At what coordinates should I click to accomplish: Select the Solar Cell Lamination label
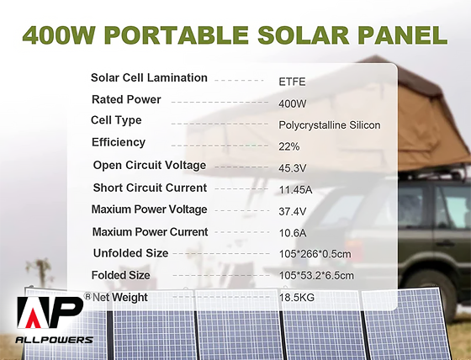[x=149, y=78]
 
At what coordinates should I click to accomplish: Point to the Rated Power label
[x=126, y=99]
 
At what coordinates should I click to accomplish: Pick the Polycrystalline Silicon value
[x=329, y=125]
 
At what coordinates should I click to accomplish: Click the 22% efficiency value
[x=288, y=146]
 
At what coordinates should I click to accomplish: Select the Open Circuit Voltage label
[x=149, y=165]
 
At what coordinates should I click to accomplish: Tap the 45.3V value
[x=292, y=168]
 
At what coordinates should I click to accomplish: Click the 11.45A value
[x=294, y=190]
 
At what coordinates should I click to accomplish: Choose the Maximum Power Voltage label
[x=149, y=209]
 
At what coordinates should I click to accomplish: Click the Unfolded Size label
[x=130, y=253]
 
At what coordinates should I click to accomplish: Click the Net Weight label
[x=120, y=297]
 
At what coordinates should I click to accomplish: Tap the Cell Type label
[x=117, y=120]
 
